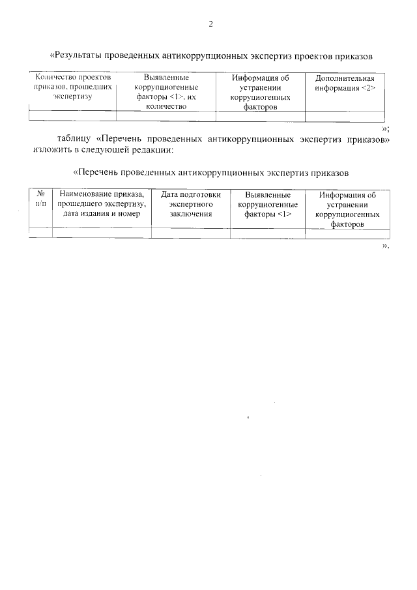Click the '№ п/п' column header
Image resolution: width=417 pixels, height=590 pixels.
40,199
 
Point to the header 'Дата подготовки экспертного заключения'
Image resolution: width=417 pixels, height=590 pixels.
191,203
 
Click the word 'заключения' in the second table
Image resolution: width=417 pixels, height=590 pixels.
191,214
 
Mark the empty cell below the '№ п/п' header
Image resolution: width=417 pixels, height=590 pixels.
40,233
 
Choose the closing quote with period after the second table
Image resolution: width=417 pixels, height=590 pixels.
386,246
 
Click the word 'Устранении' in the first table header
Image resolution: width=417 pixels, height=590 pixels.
261,87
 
